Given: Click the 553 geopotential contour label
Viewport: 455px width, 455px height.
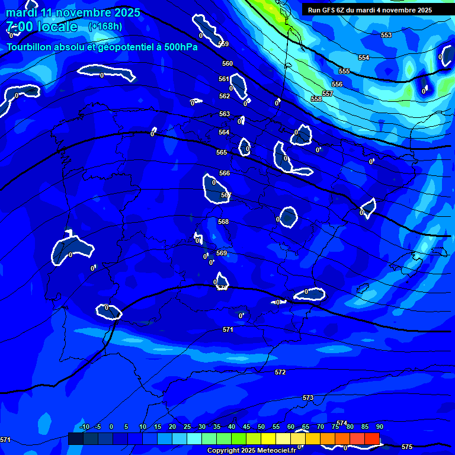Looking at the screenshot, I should pos(386,36).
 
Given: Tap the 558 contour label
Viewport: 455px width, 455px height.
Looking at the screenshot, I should pos(316,99).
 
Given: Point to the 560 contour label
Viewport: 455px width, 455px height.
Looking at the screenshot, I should pos(227,63).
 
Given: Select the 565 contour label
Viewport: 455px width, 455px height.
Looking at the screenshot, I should pos(222,152).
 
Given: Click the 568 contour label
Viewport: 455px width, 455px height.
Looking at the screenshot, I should pos(223,222).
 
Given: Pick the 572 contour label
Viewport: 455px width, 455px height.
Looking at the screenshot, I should pos(280,373).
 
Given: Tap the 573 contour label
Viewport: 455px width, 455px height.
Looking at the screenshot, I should pos(308,398).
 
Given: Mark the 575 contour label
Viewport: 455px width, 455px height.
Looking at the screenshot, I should pos(407,447).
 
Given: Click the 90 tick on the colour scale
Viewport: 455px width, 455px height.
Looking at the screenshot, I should pos(379,427).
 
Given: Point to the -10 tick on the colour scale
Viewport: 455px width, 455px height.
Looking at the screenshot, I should pos(85,427).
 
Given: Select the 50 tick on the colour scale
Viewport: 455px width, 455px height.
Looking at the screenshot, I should pos(261,427).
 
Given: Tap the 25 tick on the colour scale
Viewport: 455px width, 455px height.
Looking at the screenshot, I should pos(187,427).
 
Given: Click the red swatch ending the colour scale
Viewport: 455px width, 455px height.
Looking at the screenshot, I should pos(372,438).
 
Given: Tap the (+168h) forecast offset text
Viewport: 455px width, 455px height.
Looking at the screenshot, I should pos(105,26).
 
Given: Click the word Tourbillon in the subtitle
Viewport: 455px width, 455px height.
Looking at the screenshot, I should pos(30,47).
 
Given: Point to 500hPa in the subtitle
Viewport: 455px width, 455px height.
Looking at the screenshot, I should pos(178,47).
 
